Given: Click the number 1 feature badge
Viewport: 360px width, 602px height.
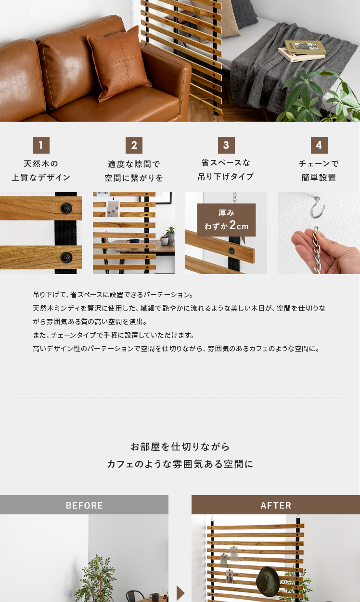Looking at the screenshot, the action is (x=41, y=145).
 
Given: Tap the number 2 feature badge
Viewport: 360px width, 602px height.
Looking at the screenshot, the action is (x=134, y=145).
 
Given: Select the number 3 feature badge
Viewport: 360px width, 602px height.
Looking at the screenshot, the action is (x=226, y=145).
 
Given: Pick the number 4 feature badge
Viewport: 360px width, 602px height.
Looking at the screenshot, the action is (x=319, y=145).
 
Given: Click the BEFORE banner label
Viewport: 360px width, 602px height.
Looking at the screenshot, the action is (x=84, y=505).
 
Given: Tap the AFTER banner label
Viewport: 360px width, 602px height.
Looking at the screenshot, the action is (x=276, y=505).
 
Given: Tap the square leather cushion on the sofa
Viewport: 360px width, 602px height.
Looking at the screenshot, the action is (x=118, y=65).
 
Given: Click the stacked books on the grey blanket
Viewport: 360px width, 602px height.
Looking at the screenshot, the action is (x=302, y=51).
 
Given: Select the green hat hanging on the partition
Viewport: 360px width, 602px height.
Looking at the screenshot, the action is (x=268, y=581).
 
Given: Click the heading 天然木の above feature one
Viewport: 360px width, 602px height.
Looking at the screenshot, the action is (x=41, y=163).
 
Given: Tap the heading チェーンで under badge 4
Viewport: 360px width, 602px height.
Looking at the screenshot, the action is (x=319, y=163).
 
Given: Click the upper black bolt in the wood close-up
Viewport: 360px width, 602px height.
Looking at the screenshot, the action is (x=66, y=208).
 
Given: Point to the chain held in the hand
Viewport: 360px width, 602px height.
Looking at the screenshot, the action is (x=317, y=250).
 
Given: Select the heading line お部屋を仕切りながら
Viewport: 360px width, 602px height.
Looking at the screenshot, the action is (x=180, y=446).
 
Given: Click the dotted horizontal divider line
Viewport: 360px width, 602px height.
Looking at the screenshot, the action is (x=181, y=397).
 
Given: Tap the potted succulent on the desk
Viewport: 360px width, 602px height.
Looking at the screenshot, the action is (x=170, y=235).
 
